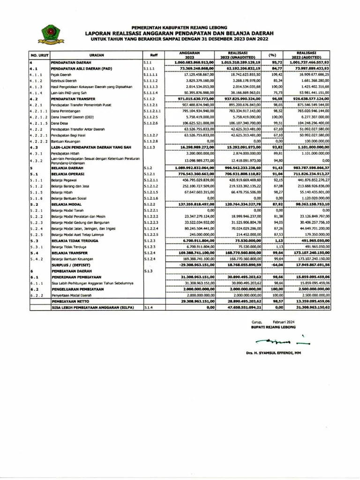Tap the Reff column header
pyautogui.click(x=154, y=55)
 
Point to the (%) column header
pyautogui.click(x=272, y=55)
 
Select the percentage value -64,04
pyautogui.click(x=272, y=265)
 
